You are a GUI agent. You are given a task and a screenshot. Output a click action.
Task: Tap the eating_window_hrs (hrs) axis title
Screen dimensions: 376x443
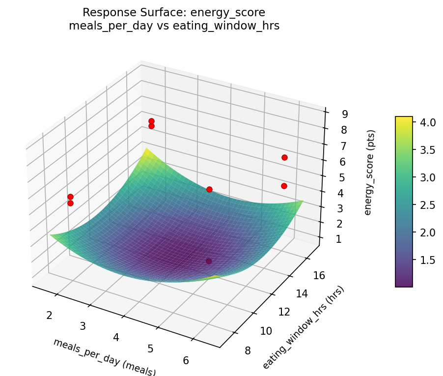(x=303, y=327)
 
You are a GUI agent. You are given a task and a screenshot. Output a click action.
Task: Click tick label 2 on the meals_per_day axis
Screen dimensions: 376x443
(x=49, y=315)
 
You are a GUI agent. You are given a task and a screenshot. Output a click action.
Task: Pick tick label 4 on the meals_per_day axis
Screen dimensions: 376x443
(x=116, y=337)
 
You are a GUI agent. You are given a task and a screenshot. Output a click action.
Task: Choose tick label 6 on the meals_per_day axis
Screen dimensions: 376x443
(x=186, y=360)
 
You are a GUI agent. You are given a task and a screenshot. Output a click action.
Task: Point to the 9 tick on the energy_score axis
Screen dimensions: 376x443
(x=345, y=114)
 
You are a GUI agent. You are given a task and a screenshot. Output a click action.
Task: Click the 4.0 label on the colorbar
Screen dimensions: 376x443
(x=428, y=122)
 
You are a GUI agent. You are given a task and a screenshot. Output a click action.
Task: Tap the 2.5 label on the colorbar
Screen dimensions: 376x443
(x=428, y=204)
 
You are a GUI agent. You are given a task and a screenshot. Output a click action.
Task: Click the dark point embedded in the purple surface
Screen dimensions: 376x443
(x=209, y=261)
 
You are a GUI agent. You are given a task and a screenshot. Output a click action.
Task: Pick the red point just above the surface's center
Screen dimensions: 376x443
(x=209, y=189)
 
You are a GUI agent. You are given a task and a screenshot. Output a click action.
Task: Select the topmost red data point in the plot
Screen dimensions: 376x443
(x=151, y=121)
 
